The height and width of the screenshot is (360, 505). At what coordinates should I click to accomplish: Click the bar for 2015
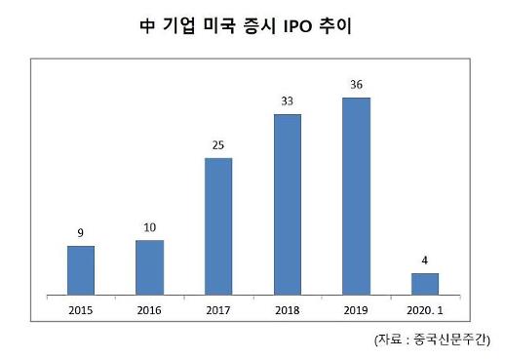(x=81, y=269)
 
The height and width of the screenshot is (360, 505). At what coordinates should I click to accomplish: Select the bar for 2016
(x=149, y=266)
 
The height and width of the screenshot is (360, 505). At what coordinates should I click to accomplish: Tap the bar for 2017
(x=218, y=225)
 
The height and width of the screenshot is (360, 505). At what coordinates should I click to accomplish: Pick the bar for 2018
(x=288, y=204)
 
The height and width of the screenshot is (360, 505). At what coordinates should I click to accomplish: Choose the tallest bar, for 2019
(x=356, y=195)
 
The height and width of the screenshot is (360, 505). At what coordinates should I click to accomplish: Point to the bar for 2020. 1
(x=425, y=283)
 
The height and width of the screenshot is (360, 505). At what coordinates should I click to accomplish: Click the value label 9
(x=81, y=233)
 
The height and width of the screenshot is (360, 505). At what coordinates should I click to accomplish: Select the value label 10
(x=149, y=227)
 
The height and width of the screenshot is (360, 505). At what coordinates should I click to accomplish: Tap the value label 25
(x=218, y=145)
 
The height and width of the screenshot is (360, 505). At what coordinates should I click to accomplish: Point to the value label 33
(x=288, y=101)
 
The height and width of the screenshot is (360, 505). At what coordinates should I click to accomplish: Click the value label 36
(x=356, y=85)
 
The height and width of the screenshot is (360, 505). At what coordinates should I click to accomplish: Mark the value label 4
(x=425, y=260)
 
